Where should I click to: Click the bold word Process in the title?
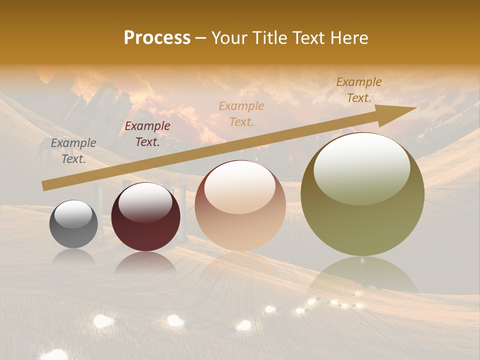coord(157,37)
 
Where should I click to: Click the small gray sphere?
coord(73,225)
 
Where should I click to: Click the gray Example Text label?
coord(73,151)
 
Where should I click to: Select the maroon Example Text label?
coord(147,134)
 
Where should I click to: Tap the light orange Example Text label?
coord(241,113)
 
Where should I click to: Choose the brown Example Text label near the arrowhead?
coord(358,90)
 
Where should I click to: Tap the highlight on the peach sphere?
coord(239,186)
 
